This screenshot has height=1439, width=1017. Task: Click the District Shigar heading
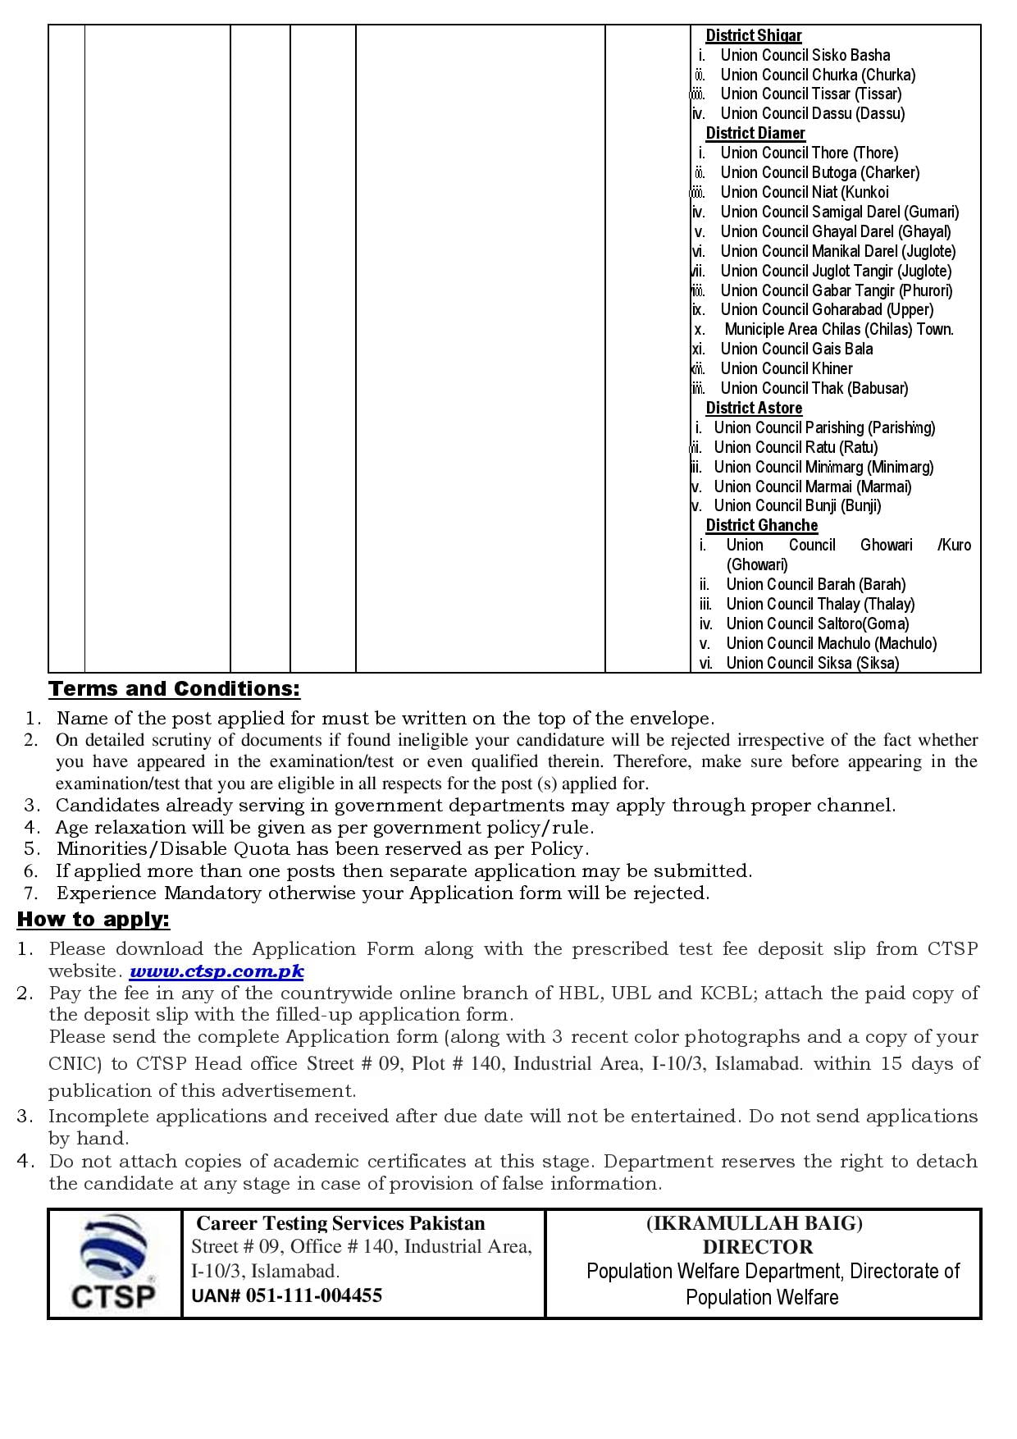tap(753, 35)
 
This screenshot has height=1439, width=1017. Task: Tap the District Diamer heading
tap(755, 133)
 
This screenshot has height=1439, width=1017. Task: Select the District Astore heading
tap(753, 408)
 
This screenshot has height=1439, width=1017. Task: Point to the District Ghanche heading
tap(761, 525)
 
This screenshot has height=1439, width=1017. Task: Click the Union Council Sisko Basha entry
tap(805, 55)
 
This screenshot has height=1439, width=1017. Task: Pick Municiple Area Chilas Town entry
tap(838, 329)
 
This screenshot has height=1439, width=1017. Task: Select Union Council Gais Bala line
tap(796, 349)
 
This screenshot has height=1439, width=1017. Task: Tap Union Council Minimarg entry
tap(823, 467)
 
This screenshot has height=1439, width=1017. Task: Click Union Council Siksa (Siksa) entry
tap(812, 663)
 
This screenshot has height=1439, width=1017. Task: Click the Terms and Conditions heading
tap(175, 689)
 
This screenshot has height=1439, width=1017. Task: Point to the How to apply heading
tap(93, 920)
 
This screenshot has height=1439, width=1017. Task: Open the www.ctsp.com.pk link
tap(217, 971)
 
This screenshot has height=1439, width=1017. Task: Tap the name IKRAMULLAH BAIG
tap(755, 1223)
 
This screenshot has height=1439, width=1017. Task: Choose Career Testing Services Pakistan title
tap(340, 1223)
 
